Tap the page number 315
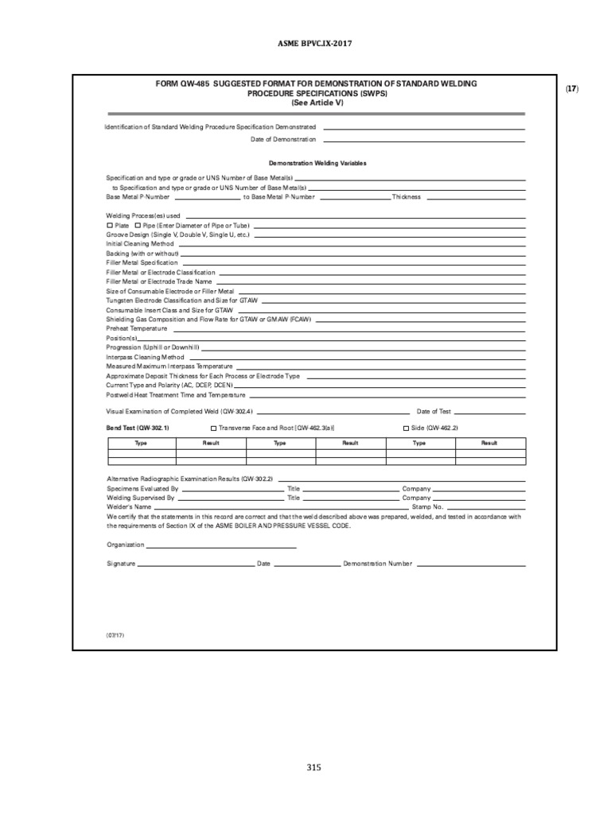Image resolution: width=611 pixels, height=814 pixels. pos(313,767)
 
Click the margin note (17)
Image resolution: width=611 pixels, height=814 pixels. pos(572,88)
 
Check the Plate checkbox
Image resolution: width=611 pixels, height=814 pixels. pos(110,226)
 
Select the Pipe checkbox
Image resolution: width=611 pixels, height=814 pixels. pos(138,226)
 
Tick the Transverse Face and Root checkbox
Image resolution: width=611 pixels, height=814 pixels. pos(212,428)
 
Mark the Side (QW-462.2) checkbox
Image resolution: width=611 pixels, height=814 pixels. pos(407,428)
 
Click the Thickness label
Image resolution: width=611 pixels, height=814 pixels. pos(406,196)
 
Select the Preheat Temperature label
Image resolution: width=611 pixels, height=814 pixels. pos(136,328)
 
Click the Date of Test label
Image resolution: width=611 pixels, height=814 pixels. pos(434,412)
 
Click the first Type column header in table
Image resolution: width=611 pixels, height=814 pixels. pos(141,443)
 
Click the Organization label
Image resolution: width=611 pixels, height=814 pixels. pos(125,545)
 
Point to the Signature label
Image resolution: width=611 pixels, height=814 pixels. pos(121,564)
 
